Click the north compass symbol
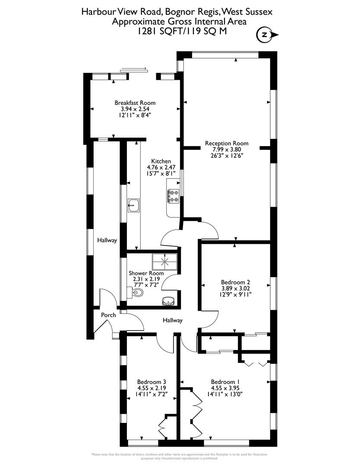[264, 35]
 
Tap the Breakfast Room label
[135, 103]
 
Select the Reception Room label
[227, 143]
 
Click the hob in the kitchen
[174, 196]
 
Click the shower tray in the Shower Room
[164, 261]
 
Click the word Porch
[108, 315]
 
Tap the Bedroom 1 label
[225, 382]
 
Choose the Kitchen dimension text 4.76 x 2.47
[161, 167]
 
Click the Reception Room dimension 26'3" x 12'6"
[227, 156]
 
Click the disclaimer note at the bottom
[180, 456]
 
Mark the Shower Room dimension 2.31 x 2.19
[147, 279]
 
